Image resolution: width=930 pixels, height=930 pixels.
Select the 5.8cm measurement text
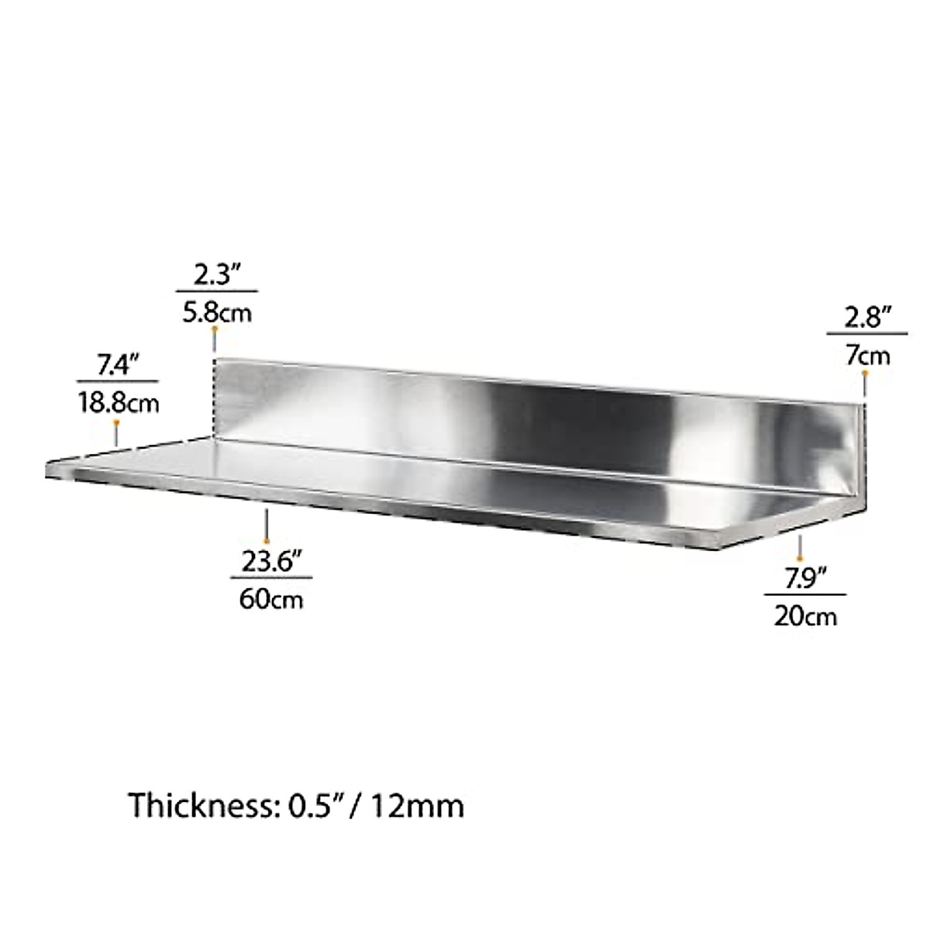(217, 312)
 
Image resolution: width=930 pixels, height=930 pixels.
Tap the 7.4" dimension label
(117, 365)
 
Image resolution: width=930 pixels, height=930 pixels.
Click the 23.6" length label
(270, 561)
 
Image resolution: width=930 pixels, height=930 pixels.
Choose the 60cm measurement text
(271, 598)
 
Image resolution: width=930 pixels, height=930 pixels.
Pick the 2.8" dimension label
(866, 318)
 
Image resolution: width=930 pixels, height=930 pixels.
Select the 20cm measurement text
(805, 616)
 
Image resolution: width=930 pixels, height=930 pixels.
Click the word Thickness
(198, 806)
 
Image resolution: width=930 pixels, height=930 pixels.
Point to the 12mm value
(417, 806)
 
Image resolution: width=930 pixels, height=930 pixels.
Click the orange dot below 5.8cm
(215, 330)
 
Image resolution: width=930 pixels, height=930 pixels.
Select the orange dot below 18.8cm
(116, 422)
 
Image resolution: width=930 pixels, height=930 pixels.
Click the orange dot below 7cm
(866, 374)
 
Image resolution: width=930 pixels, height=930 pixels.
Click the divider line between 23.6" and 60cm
(270, 578)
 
